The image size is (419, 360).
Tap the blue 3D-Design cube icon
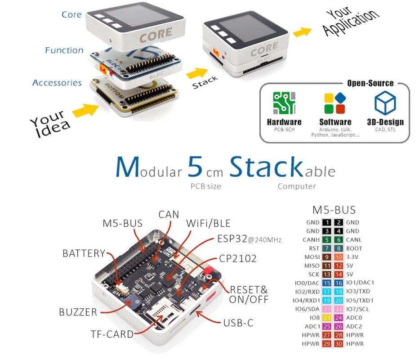click(x=385, y=103)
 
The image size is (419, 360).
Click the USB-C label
click(x=241, y=323)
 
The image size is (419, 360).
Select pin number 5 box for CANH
click(x=326, y=240)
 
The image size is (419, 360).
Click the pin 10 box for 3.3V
click(x=339, y=257)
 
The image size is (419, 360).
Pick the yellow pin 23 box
click(x=326, y=317)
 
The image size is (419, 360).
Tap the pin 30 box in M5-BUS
click(x=339, y=343)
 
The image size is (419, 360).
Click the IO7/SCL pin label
click(x=358, y=309)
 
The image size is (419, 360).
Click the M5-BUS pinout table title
click(x=334, y=210)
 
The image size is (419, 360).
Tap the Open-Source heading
click(x=370, y=83)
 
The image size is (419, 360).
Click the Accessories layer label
click(x=57, y=83)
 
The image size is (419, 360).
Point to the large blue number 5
click(x=195, y=166)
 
